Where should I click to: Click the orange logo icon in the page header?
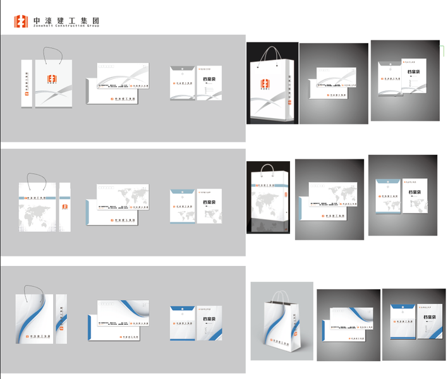(21, 22)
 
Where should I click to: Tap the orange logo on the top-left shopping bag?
(53, 79)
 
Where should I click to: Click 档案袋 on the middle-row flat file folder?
(210, 203)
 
